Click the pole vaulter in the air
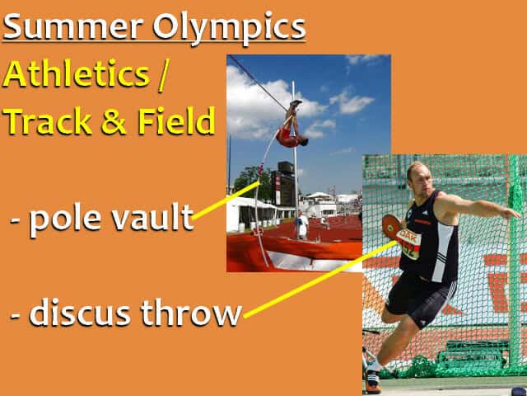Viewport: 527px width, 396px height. (291, 128)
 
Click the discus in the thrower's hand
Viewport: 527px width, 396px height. (391, 224)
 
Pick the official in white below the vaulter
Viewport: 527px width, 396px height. (303, 224)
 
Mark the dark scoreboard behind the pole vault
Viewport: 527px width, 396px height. (286, 177)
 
